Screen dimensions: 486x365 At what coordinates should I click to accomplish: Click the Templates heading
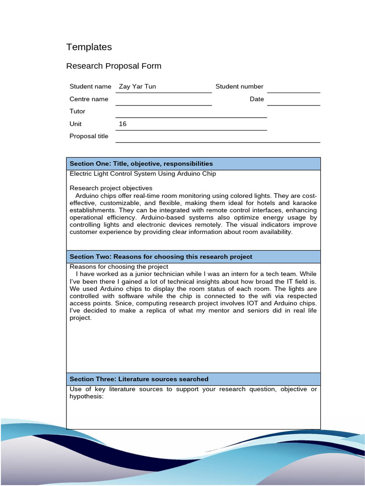[89, 47]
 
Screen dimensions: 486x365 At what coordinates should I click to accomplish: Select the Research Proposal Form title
[114, 66]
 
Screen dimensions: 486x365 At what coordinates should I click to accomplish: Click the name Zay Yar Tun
[137, 86]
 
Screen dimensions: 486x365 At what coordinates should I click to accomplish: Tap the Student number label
[239, 86]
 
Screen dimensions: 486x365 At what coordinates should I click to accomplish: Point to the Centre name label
[89, 99]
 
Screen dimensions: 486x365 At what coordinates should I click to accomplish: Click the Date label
[257, 99]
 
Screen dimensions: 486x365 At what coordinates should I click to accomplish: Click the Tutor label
[77, 112]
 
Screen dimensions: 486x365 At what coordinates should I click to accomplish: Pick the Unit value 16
[123, 124]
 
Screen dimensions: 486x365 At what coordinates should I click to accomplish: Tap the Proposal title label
[89, 136]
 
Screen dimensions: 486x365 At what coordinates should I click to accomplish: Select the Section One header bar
[193, 164]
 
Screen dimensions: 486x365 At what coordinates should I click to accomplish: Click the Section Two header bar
[193, 257]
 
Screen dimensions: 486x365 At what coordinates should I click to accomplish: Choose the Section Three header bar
[193, 379]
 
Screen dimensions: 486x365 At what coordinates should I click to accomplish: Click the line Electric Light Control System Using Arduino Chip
[143, 174]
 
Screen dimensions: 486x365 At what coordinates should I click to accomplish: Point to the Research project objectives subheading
[111, 188]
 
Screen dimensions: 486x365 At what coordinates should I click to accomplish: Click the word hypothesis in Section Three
[86, 396]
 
